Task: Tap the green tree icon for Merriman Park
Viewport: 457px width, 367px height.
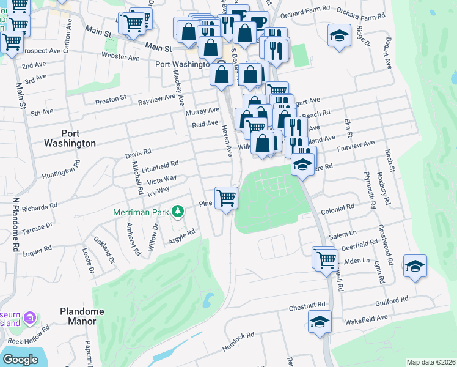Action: (x=178, y=212)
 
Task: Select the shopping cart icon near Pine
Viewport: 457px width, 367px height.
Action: (x=227, y=198)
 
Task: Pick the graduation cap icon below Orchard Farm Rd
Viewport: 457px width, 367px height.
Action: (x=338, y=35)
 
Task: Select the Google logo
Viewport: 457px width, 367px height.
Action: (x=20, y=359)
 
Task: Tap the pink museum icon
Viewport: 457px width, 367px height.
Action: (x=29, y=319)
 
